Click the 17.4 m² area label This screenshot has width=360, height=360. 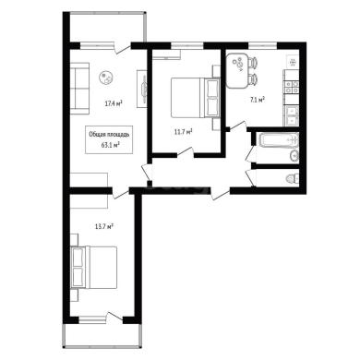point(114,103)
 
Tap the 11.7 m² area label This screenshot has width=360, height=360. point(183,132)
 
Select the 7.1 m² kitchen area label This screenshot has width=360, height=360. point(258,100)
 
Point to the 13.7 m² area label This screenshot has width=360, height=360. point(103,227)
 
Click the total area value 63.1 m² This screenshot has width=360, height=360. point(111,145)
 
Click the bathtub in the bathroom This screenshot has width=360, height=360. point(280,140)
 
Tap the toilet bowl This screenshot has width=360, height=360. point(293,178)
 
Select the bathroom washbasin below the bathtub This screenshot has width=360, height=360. point(294,155)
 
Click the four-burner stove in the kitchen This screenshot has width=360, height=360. point(291,87)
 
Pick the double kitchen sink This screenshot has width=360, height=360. point(292,115)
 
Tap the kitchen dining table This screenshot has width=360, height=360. point(237,70)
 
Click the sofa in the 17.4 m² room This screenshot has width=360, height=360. point(79,89)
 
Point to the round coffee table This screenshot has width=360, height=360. point(107,78)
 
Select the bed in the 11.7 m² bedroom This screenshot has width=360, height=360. point(195,98)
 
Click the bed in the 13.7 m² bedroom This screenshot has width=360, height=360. point(94,267)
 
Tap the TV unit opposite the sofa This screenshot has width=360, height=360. point(142,89)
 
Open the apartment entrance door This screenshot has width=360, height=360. point(221,194)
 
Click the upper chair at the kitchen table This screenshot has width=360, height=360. point(253,63)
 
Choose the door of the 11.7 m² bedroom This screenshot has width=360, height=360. point(186,152)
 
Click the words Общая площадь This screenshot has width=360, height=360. point(109,135)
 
